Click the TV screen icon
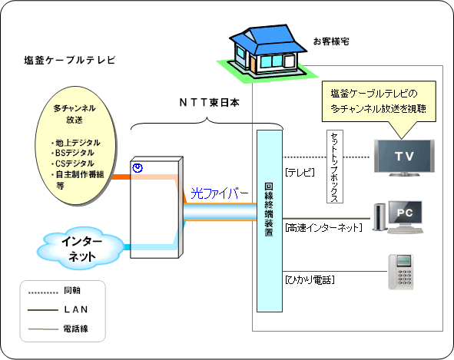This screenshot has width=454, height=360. pyautogui.click(x=404, y=157)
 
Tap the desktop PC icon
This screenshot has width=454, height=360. pyautogui.click(x=398, y=217)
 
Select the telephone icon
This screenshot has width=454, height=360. pyautogui.click(x=401, y=272)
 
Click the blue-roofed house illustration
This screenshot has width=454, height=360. pyautogui.click(x=267, y=54)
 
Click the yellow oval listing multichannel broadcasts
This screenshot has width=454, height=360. pyautogui.click(x=76, y=146)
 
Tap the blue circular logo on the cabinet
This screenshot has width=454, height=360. pyautogui.click(x=138, y=168)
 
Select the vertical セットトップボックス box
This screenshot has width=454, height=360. pyautogui.click(x=335, y=167)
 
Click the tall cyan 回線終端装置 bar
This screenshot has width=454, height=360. pyautogui.click(x=270, y=221)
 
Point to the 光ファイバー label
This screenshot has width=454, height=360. pyautogui.click(x=220, y=193)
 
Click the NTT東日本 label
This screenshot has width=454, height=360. pyautogui.click(x=210, y=102)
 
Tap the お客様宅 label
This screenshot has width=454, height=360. pyautogui.click(x=331, y=41)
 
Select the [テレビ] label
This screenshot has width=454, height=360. pyautogui.click(x=300, y=173)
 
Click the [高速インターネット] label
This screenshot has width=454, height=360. pyautogui.click(x=323, y=228)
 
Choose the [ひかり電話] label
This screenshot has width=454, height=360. pyautogui.click(x=310, y=280)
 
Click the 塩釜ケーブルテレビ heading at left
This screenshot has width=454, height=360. pyautogui.click(x=70, y=60)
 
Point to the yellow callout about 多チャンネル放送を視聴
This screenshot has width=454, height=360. pyautogui.click(x=379, y=101)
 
